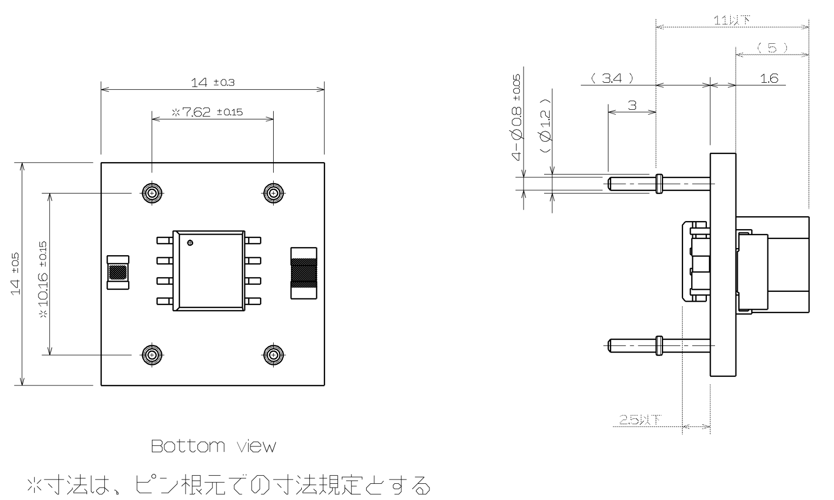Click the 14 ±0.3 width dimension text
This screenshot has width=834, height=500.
[x=213, y=82]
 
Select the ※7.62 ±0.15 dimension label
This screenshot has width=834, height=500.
[x=207, y=112]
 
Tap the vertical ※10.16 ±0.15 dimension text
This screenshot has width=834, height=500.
[x=43, y=279]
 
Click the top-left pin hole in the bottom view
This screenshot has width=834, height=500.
[x=152, y=192]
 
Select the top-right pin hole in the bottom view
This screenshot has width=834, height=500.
[x=274, y=192]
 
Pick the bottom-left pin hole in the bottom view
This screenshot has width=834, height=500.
[x=152, y=355]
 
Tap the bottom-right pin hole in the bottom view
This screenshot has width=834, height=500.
[x=274, y=355]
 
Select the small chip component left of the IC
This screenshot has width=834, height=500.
[x=118, y=272]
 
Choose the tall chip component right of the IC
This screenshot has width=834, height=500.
[x=302, y=272]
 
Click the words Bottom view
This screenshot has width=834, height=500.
[x=213, y=446]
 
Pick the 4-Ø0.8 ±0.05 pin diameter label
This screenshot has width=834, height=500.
[x=517, y=117]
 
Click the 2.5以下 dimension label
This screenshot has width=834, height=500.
[x=640, y=419]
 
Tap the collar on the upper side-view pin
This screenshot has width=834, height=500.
[x=658, y=183]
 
